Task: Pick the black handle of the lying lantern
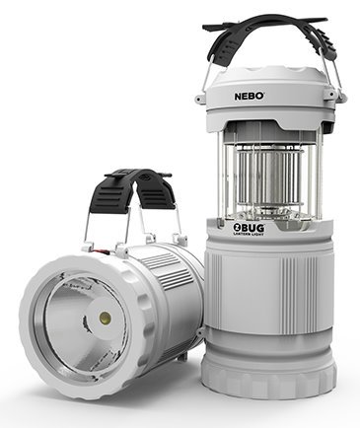(x=137, y=187)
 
